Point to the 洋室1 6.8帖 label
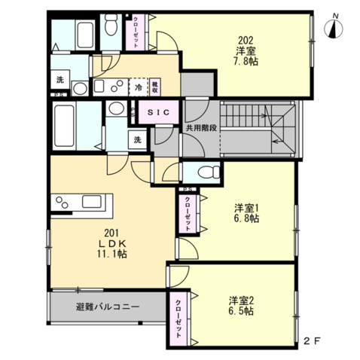tap(246, 213)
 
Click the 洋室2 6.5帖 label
tap(240, 304)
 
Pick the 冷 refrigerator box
tap(139, 87)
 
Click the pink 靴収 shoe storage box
tap(154, 87)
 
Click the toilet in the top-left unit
tap(111, 28)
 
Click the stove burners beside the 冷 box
tap(114, 87)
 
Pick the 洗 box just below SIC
tap(138, 139)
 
